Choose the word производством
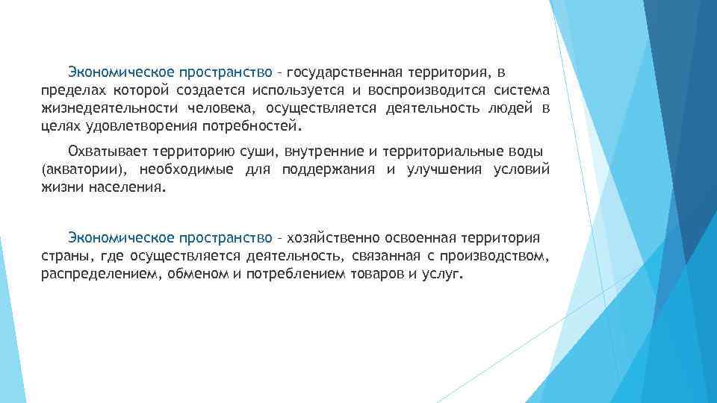click(498, 256)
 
